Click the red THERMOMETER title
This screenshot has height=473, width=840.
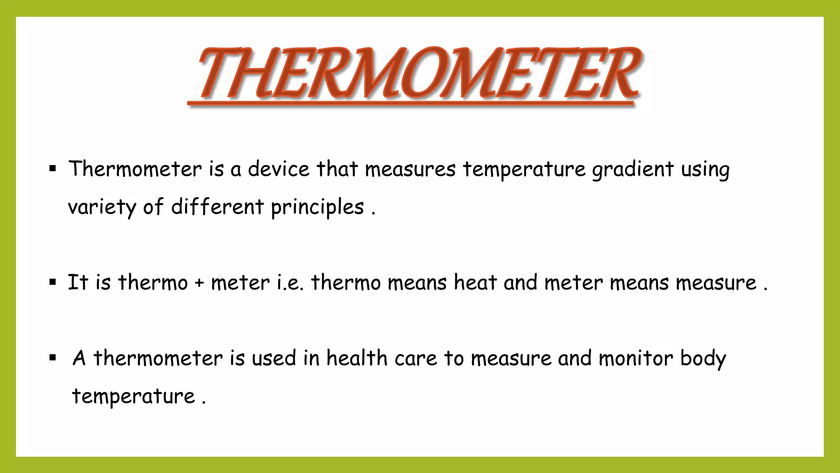click(x=418, y=74)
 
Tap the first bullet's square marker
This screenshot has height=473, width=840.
click(x=52, y=168)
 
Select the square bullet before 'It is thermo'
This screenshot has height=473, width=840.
click(x=52, y=282)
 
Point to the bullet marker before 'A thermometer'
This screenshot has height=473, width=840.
click(x=52, y=358)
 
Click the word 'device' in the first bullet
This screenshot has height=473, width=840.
click(x=278, y=169)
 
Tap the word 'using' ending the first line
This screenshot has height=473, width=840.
click(x=705, y=170)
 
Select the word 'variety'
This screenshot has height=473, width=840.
click(x=102, y=207)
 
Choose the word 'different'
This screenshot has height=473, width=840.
click(x=217, y=207)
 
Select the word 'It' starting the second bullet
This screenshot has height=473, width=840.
click(x=78, y=282)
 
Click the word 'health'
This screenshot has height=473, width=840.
click(x=357, y=358)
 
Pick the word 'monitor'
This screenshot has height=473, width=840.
click(x=636, y=358)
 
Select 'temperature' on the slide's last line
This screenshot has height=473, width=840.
click(x=133, y=396)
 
